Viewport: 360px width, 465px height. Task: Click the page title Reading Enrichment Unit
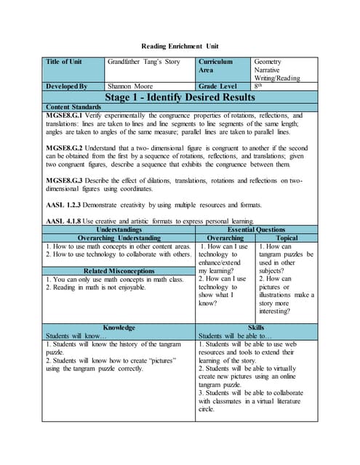(x=180, y=44)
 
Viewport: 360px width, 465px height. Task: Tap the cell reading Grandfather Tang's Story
(x=143, y=62)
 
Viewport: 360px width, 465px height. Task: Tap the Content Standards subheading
(x=73, y=107)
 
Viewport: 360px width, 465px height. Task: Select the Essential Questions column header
(x=256, y=230)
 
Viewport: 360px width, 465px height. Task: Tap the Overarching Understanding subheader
(x=119, y=238)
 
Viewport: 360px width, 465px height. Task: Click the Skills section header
(x=256, y=328)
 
